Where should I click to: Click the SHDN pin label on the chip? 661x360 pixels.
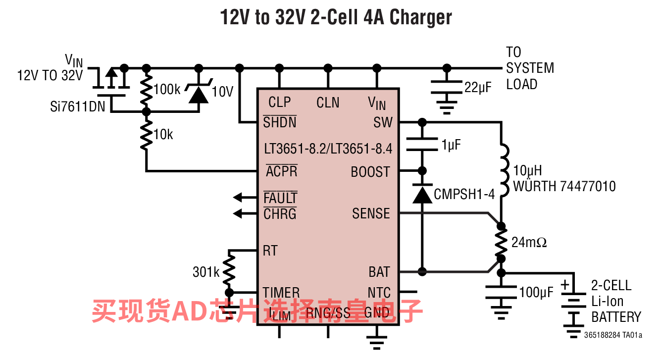click(x=280, y=122)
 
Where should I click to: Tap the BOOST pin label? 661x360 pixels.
click(x=370, y=172)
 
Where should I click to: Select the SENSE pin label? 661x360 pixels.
click(x=371, y=213)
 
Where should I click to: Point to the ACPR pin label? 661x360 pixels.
click(x=281, y=172)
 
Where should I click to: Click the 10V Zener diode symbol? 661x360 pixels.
click(x=199, y=92)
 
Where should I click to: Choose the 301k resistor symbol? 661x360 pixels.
click(x=229, y=271)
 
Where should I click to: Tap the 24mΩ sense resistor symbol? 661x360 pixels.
click(x=501, y=243)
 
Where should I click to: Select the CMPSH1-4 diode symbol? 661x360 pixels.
click(x=422, y=195)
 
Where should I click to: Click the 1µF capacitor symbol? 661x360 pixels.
click(x=422, y=144)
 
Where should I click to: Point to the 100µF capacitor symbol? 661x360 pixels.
click(x=501, y=292)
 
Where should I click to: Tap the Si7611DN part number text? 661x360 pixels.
click(x=78, y=106)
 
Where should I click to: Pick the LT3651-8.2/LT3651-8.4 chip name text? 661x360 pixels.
click(x=328, y=148)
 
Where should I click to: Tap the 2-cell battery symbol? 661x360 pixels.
click(x=573, y=307)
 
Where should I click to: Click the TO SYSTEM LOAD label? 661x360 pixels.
click(x=529, y=68)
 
